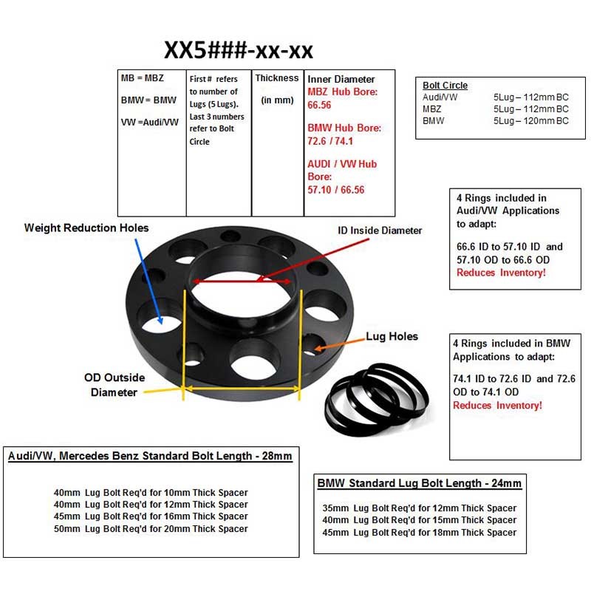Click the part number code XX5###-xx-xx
click(238, 49)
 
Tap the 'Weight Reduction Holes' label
click(86, 228)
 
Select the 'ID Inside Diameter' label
click(380, 230)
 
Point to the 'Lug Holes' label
click(392, 336)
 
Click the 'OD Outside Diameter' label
click(115, 385)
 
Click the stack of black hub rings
click(377, 400)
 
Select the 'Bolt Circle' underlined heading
click(445, 86)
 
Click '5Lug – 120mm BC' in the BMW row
click(530, 120)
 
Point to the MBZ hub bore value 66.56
click(319, 105)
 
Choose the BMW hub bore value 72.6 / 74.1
click(330, 141)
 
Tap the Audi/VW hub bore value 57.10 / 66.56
click(336, 190)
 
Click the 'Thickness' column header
click(276, 78)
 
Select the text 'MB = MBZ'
click(143, 78)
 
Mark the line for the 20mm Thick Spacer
click(151, 528)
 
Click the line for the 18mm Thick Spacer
click(419, 532)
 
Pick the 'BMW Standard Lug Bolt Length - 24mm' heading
click(419, 483)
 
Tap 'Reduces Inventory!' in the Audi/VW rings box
click(501, 272)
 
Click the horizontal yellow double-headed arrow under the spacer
click(242, 389)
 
